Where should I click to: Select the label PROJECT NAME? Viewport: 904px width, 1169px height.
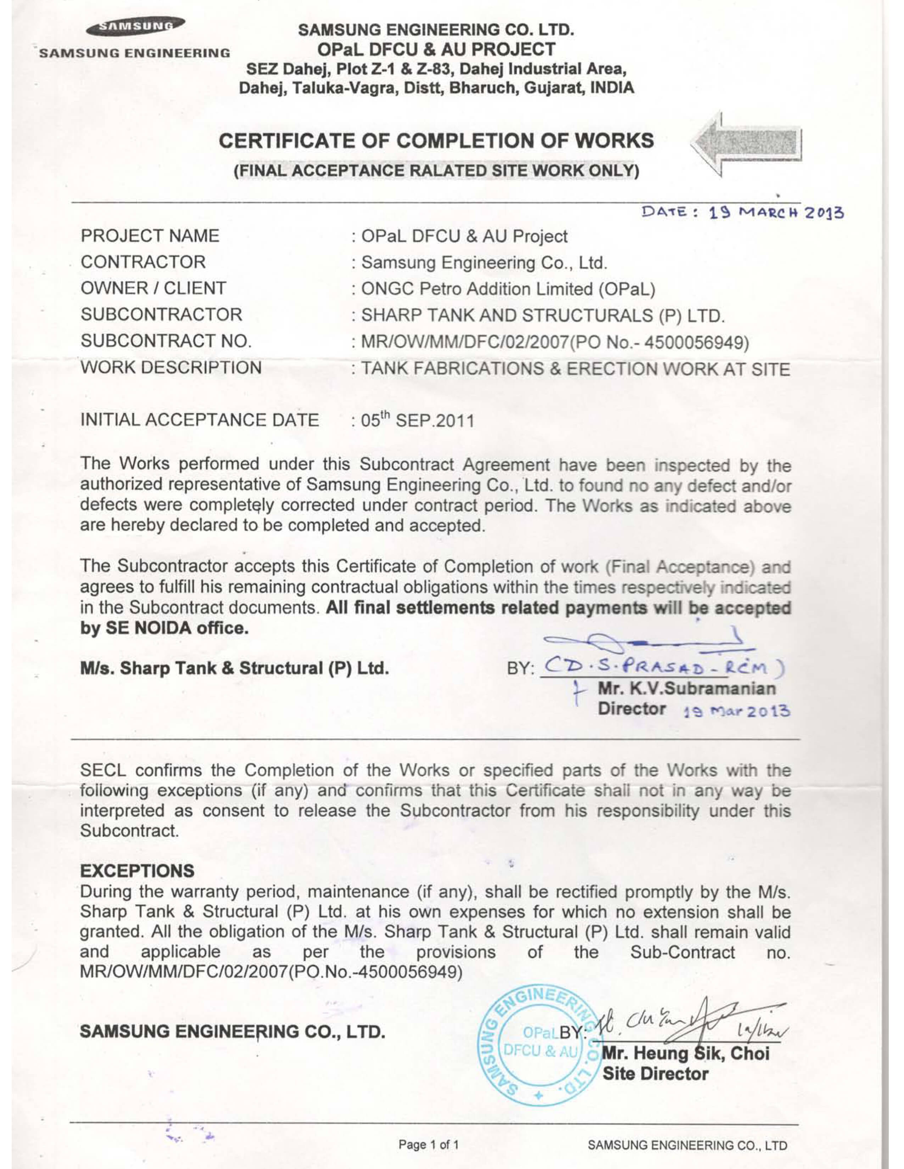pyautogui.click(x=150, y=236)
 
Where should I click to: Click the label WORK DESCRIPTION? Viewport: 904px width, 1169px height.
pyautogui.click(x=171, y=368)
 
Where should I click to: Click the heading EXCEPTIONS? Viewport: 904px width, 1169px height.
pyautogui.click(x=137, y=871)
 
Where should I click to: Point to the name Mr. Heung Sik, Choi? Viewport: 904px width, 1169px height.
pyautogui.click(x=686, y=1054)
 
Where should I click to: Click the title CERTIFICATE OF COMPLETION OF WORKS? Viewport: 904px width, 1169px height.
pyautogui.click(x=436, y=141)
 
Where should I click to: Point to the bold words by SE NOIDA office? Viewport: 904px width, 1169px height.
pyautogui.click(x=164, y=628)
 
